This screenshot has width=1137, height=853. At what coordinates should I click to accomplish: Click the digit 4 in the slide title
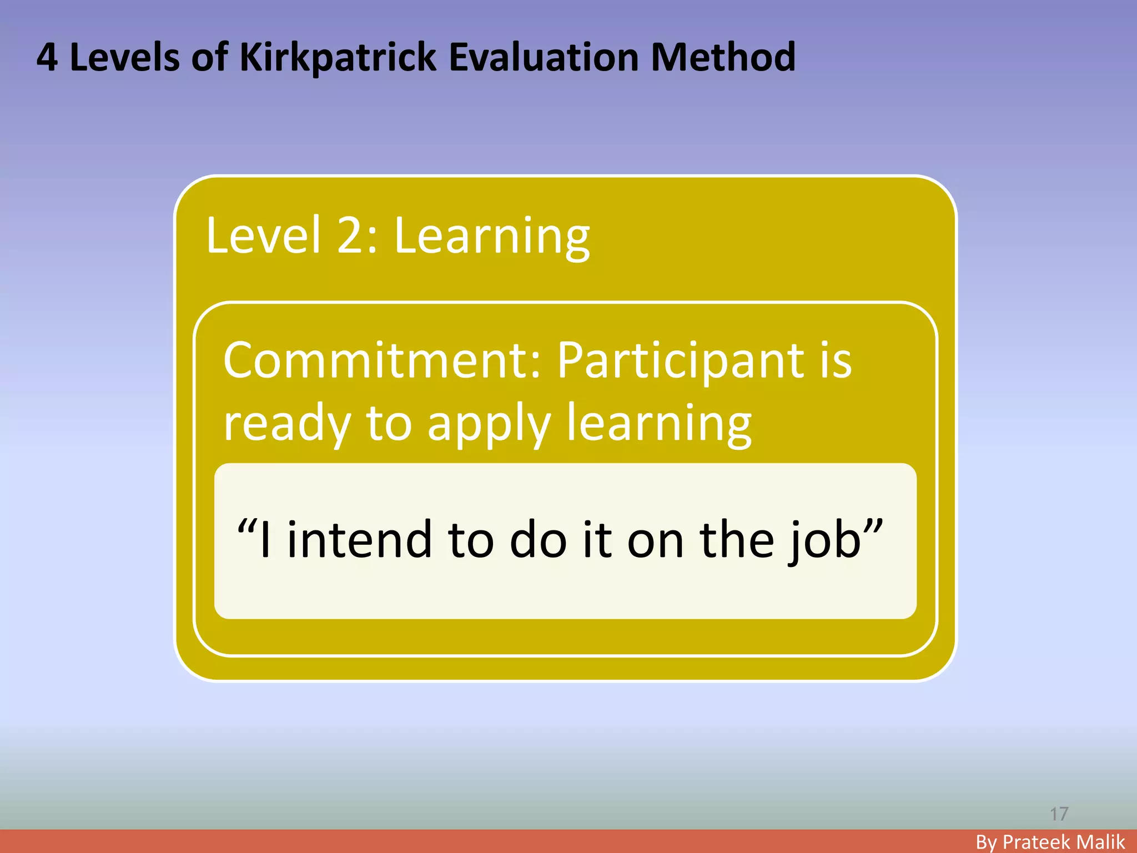click(47, 58)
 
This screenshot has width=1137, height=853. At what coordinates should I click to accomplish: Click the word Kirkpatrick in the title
click(338, 58)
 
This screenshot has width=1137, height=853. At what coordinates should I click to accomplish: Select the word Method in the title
click(723, 58)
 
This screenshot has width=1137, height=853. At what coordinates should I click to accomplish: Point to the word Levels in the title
click(124, 58)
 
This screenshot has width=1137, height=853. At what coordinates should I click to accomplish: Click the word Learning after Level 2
click(492, 237)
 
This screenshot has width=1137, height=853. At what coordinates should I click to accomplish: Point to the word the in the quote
click(737, 540)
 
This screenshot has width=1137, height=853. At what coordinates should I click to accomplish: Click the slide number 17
click(1059, 814)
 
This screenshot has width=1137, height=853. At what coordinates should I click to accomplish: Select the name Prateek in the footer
click(1040, 842)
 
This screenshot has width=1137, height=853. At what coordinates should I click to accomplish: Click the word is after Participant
click(835, 361)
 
